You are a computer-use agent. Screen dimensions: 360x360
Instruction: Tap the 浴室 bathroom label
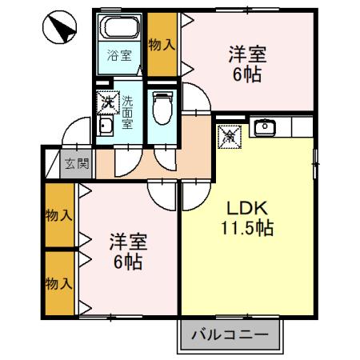click(x=119, y=57)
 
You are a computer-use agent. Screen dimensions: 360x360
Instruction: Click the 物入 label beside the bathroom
click(x=162, y=45)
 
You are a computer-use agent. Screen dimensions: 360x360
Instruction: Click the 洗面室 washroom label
click(x=127, y=114)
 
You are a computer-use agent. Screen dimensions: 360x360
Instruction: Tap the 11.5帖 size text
click(x=247, y=229)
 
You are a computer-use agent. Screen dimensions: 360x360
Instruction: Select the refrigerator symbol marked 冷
click(x=228, y=137)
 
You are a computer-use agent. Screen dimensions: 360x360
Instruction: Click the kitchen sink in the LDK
click(x=265, y=127)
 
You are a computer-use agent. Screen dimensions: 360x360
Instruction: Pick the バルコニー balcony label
click(x=228, y=335)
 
